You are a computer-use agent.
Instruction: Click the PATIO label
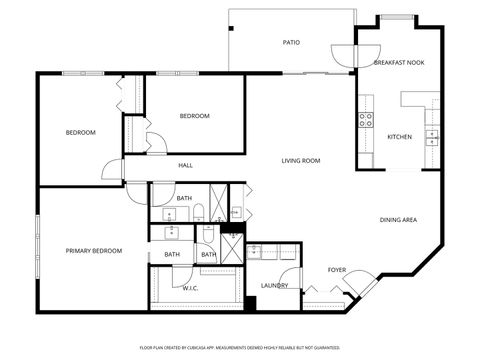[x=291, y=42]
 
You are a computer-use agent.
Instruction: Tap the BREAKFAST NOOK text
[x=399, y=63]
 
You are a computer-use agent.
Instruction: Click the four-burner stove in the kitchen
[x=366, y=118]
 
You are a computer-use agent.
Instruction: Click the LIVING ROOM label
[x=300, y=160]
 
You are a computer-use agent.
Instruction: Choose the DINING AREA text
[x=398, y=219]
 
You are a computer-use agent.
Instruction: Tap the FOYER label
[x=337, y=270]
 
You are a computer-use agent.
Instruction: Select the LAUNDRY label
[x=275, y=285]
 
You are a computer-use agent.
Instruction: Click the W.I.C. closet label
[x=190, y=288]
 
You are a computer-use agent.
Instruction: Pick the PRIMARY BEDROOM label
[x=94, y=250]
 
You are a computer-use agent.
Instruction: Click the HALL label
[x=185, y=165]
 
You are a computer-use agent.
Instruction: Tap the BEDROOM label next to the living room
[x=194, y=116]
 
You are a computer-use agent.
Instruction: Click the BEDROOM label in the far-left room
[x=81, y=132]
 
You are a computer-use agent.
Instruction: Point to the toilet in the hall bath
[x=199, y=211]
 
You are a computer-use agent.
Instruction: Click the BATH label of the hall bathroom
[x=184, y=198]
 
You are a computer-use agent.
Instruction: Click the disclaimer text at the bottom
[x=239, y=347]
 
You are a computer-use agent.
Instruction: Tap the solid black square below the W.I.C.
[x=250, y=303]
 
